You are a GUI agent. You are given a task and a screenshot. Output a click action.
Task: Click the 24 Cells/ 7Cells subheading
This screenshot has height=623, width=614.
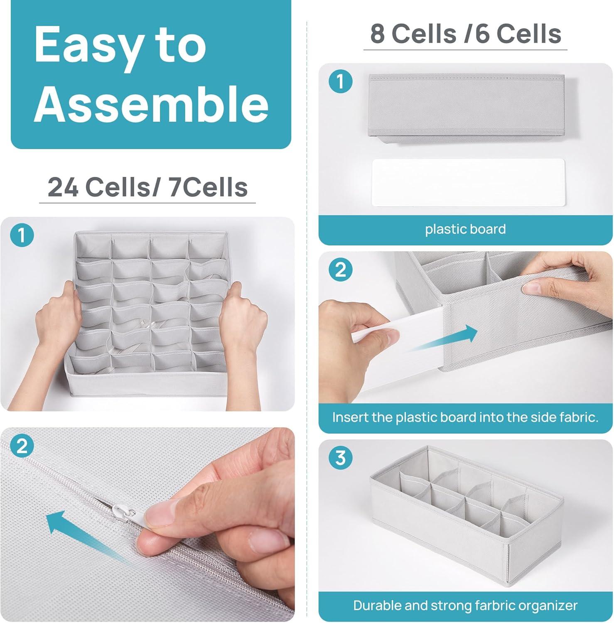(x=147, y=187)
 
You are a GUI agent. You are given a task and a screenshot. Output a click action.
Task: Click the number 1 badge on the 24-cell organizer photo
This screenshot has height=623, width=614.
(x=22, y=235)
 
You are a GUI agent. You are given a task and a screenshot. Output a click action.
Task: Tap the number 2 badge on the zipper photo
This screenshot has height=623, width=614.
(x=22, y=446)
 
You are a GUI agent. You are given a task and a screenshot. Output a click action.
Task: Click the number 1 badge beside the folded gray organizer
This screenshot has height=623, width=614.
(x=340, y=81)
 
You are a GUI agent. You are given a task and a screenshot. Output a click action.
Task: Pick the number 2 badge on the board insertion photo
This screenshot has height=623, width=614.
(x=340, y=270)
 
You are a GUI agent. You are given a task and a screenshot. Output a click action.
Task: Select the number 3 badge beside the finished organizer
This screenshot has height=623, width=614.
(x=340, y=458)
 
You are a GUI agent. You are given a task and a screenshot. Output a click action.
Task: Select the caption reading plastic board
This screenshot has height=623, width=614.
(x=465, y=229)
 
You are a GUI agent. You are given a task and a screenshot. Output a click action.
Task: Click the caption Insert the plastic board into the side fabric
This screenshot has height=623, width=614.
(x=465, y=417)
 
